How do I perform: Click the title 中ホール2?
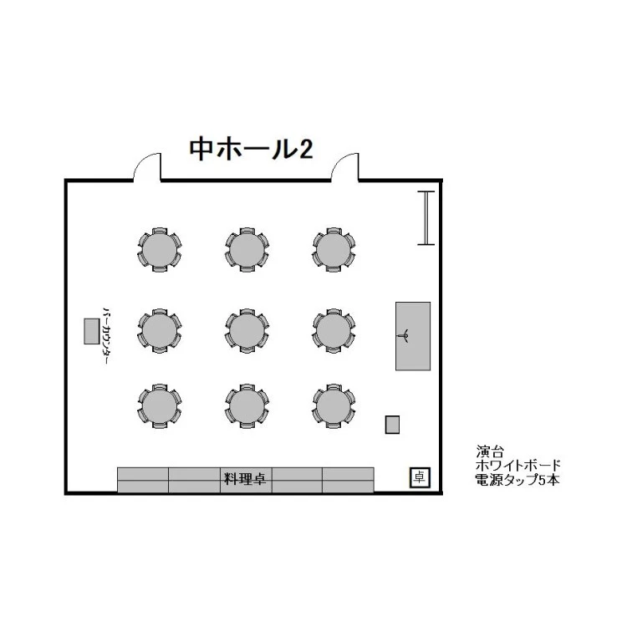[x=251, y=149]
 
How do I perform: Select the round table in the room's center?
[x=247, y=331]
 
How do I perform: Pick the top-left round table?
[x=160, y=250]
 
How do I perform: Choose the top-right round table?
[x=334, y=250]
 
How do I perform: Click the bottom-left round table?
[x=160, y=406]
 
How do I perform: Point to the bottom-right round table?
[x=334, y=406]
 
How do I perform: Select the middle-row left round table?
[x=160, y=331]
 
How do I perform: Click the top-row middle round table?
[x=247, y=250]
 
